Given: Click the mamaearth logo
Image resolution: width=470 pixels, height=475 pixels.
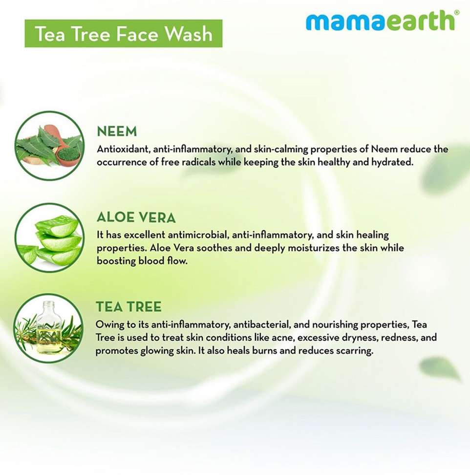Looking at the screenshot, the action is [x=382, y=21].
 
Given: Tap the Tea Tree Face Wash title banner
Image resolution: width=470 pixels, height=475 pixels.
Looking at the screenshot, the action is [x=124, y=33].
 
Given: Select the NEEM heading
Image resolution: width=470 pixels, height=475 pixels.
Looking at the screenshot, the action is [x=117, y=131].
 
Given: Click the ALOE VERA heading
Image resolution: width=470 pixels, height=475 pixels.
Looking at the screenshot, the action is [x=136, y=217].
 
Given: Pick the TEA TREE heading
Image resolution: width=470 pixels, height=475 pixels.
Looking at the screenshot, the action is [x=128, y=306].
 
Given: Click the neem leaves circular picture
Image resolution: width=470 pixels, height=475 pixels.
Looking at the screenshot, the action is [x=50, y=146].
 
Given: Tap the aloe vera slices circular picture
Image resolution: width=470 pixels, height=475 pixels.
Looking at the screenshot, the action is [x=50, y=238].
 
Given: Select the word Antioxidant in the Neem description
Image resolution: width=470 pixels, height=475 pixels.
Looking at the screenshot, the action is [x=123, y=149].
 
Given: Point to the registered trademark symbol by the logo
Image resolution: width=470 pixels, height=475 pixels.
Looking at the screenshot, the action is [x=457, y=13].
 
